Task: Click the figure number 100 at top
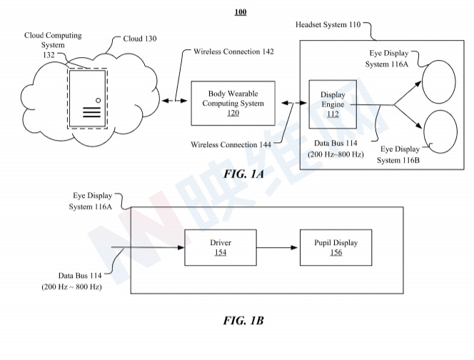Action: (240, 12)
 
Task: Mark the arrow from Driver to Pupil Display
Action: (278, 248)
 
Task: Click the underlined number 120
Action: (233, 114)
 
